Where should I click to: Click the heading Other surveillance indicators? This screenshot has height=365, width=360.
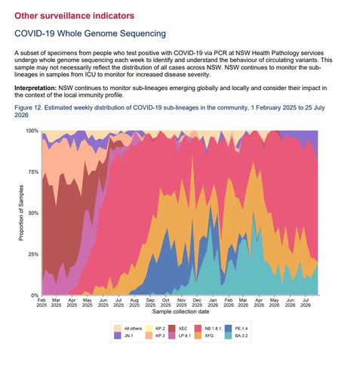coord(74,16)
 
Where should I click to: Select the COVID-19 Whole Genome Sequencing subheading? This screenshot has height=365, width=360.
coord(90,33)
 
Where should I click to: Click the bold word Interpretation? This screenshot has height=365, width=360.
coord(35,88)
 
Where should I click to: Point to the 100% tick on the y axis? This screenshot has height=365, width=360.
coord(32,131)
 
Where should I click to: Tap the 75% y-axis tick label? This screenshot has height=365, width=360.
coord(33,172)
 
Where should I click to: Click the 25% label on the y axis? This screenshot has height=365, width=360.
coord(33,254)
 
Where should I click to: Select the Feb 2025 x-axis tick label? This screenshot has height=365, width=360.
coord(42,302)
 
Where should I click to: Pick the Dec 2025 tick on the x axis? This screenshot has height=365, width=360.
coord(197,302)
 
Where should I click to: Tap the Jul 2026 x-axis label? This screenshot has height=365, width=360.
coord(306,302)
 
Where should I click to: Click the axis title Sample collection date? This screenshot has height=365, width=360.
coord(180,311)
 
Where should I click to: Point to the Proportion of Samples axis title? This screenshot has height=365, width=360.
coord(21,213)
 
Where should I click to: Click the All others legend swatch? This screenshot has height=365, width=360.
coord(118,329)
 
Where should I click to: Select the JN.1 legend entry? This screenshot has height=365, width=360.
coord(124,336)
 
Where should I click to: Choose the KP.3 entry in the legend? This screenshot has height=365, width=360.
coord(155,336)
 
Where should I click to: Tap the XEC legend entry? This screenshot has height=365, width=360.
coord(178,329)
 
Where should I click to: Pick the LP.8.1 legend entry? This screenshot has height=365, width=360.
coord(180,336)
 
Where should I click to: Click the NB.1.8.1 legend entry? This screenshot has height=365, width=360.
coord(208,329)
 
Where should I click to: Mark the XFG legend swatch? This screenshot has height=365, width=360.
coord(198,336)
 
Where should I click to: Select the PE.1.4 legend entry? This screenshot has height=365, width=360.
coord(236,329)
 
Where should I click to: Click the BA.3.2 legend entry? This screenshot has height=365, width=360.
coord(236,336)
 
